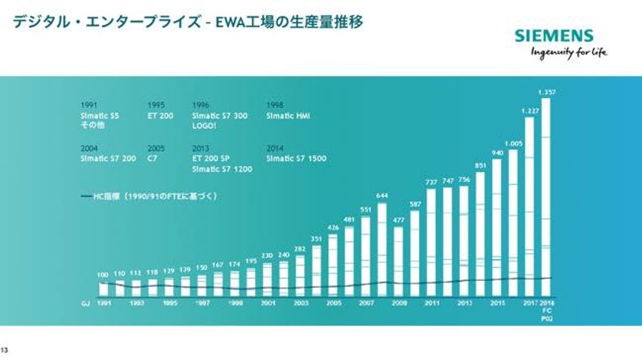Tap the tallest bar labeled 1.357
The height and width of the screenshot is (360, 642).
pyautogui.click(x=546, y=196)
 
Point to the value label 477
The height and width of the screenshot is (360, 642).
pyautogui.click(x=399, y=220)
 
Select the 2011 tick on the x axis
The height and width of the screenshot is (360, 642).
pyautogui.click(x=431, y=303)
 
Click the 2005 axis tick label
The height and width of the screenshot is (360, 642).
pyautogui.click(x=333, y=303)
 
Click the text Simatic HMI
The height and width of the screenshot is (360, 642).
pyautogui.click(x=289, y=116)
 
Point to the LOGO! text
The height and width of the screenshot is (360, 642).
pyautogui.click(x=204, y=126)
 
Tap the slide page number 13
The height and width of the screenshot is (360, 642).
pyautogui.click(x=5, y=349)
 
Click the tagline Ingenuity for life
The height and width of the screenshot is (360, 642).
pyautogui.click(x=569, y=52)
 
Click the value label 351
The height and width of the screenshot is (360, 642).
pyautogui.click(x=317, y=238)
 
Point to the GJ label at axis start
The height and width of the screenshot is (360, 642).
pyautogui.click(x=85, y=303)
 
